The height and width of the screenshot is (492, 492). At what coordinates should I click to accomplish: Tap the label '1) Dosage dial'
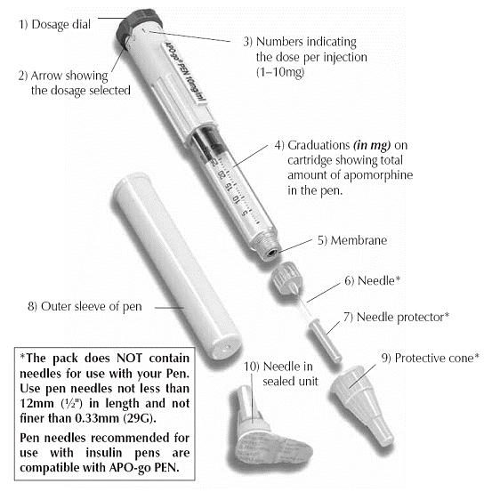coord(55,25)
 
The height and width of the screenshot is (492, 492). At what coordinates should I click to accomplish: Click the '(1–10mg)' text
coord(280,72)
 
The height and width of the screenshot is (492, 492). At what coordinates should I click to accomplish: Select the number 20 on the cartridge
coord(222,175)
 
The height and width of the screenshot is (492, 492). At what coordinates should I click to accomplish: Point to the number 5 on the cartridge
coord(245,213)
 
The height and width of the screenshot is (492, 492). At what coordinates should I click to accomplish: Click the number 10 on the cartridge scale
coord(236,199)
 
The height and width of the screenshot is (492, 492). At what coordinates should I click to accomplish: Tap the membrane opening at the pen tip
coord(271,252)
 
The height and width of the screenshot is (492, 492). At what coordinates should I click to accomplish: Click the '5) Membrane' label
coord(352,240)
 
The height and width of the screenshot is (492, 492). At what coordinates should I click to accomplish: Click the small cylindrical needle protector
coord(325,341)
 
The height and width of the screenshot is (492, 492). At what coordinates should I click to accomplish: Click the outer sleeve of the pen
coord(176,266)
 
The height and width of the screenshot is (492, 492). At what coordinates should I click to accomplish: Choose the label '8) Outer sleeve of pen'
coord(85,307)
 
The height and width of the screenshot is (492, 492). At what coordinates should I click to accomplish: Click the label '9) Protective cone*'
coord(431,358)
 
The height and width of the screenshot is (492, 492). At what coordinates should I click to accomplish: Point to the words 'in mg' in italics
coord(372,145)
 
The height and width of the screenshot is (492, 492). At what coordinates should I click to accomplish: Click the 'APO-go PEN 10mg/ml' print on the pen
coord(186,72)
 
